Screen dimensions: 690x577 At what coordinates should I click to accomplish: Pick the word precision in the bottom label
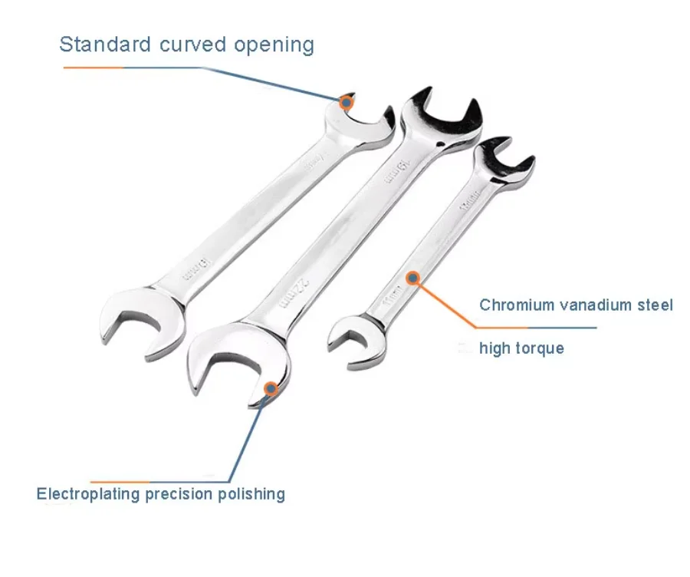click(x=181, y=494)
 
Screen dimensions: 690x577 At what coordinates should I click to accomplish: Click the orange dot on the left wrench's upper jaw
click(x=347, y=101)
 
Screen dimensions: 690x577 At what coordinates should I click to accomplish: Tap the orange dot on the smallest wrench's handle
click(x=412, y=279)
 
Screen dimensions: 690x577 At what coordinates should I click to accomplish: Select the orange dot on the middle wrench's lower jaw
click(x=271, y=389)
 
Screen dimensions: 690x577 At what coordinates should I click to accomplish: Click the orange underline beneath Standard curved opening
click(x=93, y=68)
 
